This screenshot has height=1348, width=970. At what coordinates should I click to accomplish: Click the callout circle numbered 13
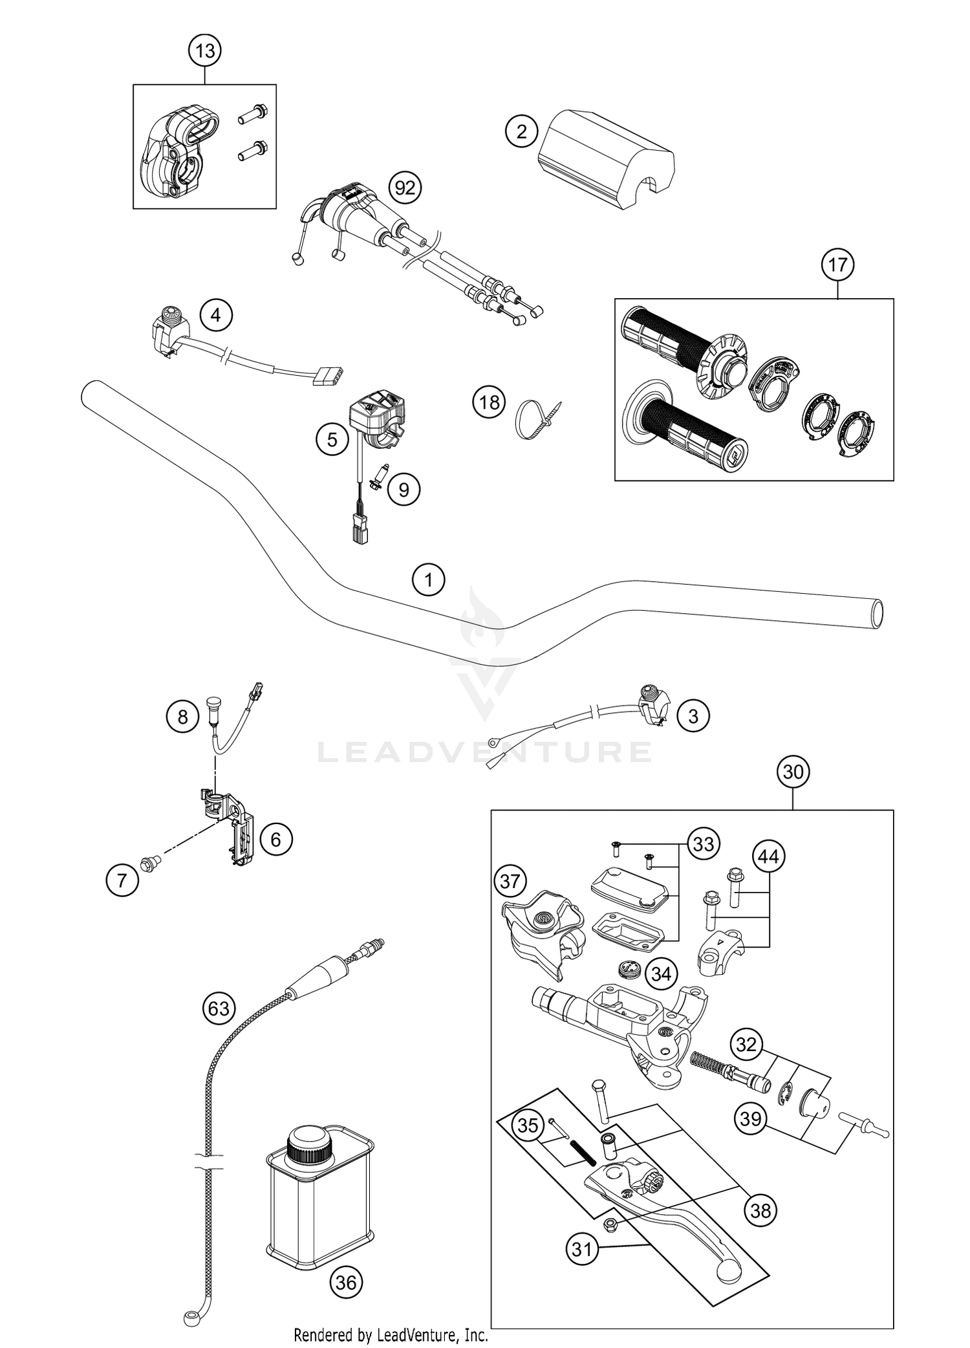point(204,50)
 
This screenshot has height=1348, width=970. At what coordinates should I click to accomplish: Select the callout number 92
point(405,188)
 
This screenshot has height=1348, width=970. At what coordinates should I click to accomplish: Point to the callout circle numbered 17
point(837,265)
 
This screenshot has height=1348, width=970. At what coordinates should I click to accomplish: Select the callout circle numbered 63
point(219,1008)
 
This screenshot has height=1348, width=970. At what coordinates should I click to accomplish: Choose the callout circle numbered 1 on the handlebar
point(429,580)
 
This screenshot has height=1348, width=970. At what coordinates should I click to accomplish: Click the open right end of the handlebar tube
point(876,612)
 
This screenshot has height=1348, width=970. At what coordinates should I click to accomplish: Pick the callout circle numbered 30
point(793,772)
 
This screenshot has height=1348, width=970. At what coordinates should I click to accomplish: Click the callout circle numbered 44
point(768,857)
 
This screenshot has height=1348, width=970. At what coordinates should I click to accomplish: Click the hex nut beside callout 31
point(609,1223)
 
